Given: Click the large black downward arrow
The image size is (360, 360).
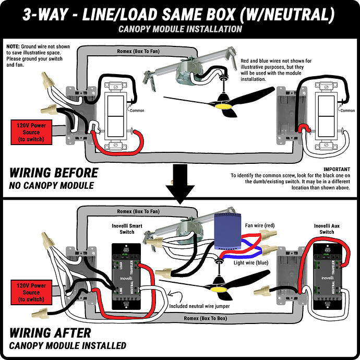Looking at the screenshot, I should [179, 183].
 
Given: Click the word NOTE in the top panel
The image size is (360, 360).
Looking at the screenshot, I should [13, 46].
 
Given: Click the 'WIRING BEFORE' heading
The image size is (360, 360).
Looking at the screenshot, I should [54, 173].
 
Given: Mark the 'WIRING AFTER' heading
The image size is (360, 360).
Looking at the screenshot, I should [51, 332].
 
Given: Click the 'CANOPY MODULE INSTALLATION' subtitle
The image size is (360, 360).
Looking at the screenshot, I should [179, 29].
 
